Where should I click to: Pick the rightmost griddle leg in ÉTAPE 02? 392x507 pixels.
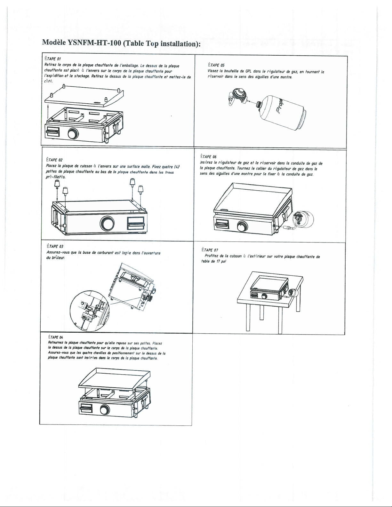click(x=141, y=189)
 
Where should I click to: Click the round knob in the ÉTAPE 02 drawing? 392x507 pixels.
click(x=107, y=223)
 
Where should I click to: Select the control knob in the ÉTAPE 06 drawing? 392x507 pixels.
click(x=243, y=226)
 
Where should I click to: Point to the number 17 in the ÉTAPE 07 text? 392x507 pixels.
click(x=218, y=261)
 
